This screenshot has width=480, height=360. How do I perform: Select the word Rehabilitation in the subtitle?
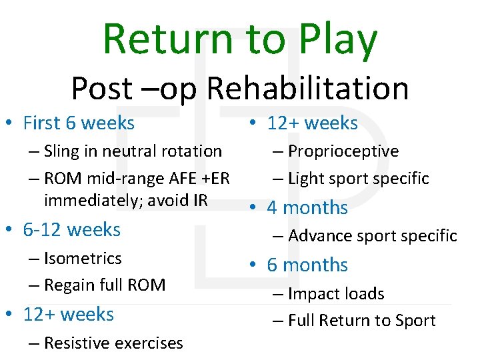tap(308, 88)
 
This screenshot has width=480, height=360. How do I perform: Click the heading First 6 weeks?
tap(79, 123)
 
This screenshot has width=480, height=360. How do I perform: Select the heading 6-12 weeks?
tap(71, 230)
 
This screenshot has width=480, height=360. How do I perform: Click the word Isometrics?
tap(83, 259)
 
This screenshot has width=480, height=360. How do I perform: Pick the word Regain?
tap(69, 285)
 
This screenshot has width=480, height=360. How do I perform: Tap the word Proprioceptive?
tap(343, 151)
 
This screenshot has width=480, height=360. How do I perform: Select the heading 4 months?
tap(307, 208)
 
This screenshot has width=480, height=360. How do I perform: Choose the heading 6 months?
tap(307, 265)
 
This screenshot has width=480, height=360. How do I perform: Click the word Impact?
tap(311, 294)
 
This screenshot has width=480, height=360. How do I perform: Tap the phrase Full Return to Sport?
tap(362, 321)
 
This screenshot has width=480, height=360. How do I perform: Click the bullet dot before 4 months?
tap(254, 208)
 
